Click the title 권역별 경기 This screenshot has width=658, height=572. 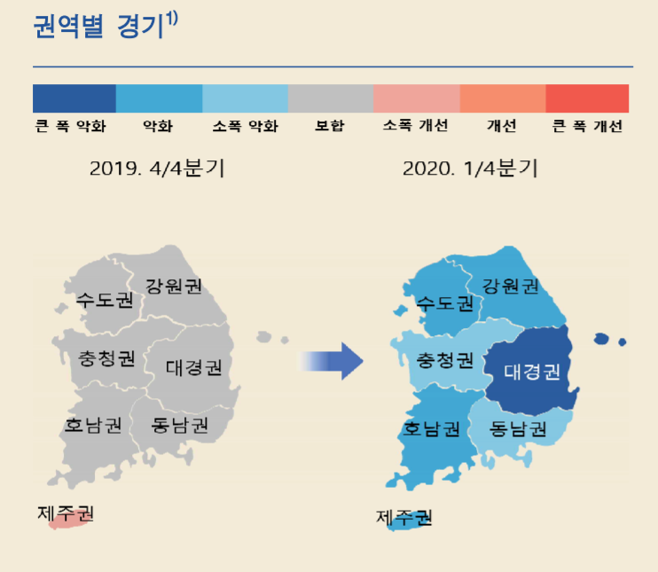pos(98,27)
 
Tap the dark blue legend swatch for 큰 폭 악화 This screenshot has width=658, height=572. pos(74,98)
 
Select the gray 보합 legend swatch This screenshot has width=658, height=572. pos(331,98)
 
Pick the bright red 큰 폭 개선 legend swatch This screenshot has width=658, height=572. pos(587,98)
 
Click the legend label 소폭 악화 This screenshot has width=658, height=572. pos(246,126)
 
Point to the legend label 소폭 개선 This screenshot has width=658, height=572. pos(415,125)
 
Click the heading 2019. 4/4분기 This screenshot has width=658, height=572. pos(157,168)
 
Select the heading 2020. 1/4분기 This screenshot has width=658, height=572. pos(470,168)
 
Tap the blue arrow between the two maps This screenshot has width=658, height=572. pos(330,361)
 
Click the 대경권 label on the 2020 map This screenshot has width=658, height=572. pos(532,372)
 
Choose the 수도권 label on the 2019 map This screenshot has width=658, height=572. pos(105,300)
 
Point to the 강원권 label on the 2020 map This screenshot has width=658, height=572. pos(510,286)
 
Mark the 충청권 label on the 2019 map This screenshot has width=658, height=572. pos(106,359)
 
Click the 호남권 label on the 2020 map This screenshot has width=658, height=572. pos(431,429)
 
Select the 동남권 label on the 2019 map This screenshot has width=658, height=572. pos(180,425)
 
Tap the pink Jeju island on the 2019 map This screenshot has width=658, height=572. pos(69,521)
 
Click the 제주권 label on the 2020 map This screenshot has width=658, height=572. pos(403,517)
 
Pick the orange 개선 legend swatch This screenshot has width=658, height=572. pos(503,98)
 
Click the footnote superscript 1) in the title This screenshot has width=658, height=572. pos(172,18)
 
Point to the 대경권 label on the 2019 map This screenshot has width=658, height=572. pos(193,368)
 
